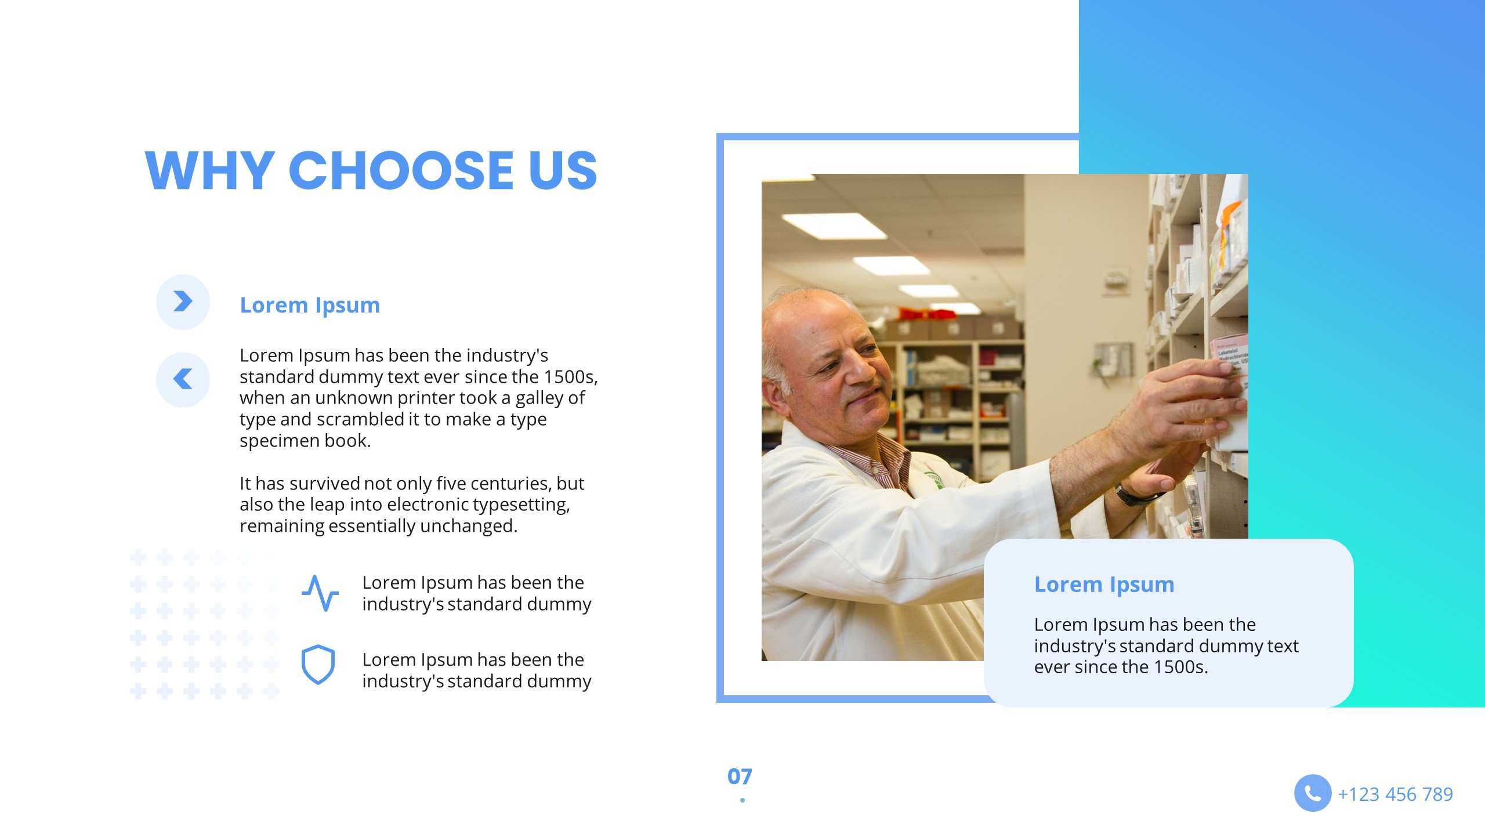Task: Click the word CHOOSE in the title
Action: point(400,170)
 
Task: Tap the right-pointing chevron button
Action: point(183,302)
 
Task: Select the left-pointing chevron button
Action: point(183,379)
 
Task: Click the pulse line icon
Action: point(320,593)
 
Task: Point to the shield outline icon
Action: point(318,665)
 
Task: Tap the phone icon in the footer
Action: point(1312,793)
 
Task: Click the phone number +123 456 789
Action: point(1395,794)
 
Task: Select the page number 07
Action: point(740,776)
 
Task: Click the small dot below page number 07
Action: point(742,800)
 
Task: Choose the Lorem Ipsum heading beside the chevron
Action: point(310,305)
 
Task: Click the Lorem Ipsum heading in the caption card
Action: point(1104,584)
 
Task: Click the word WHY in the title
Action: point(209,170)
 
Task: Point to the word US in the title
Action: point(562,170)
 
